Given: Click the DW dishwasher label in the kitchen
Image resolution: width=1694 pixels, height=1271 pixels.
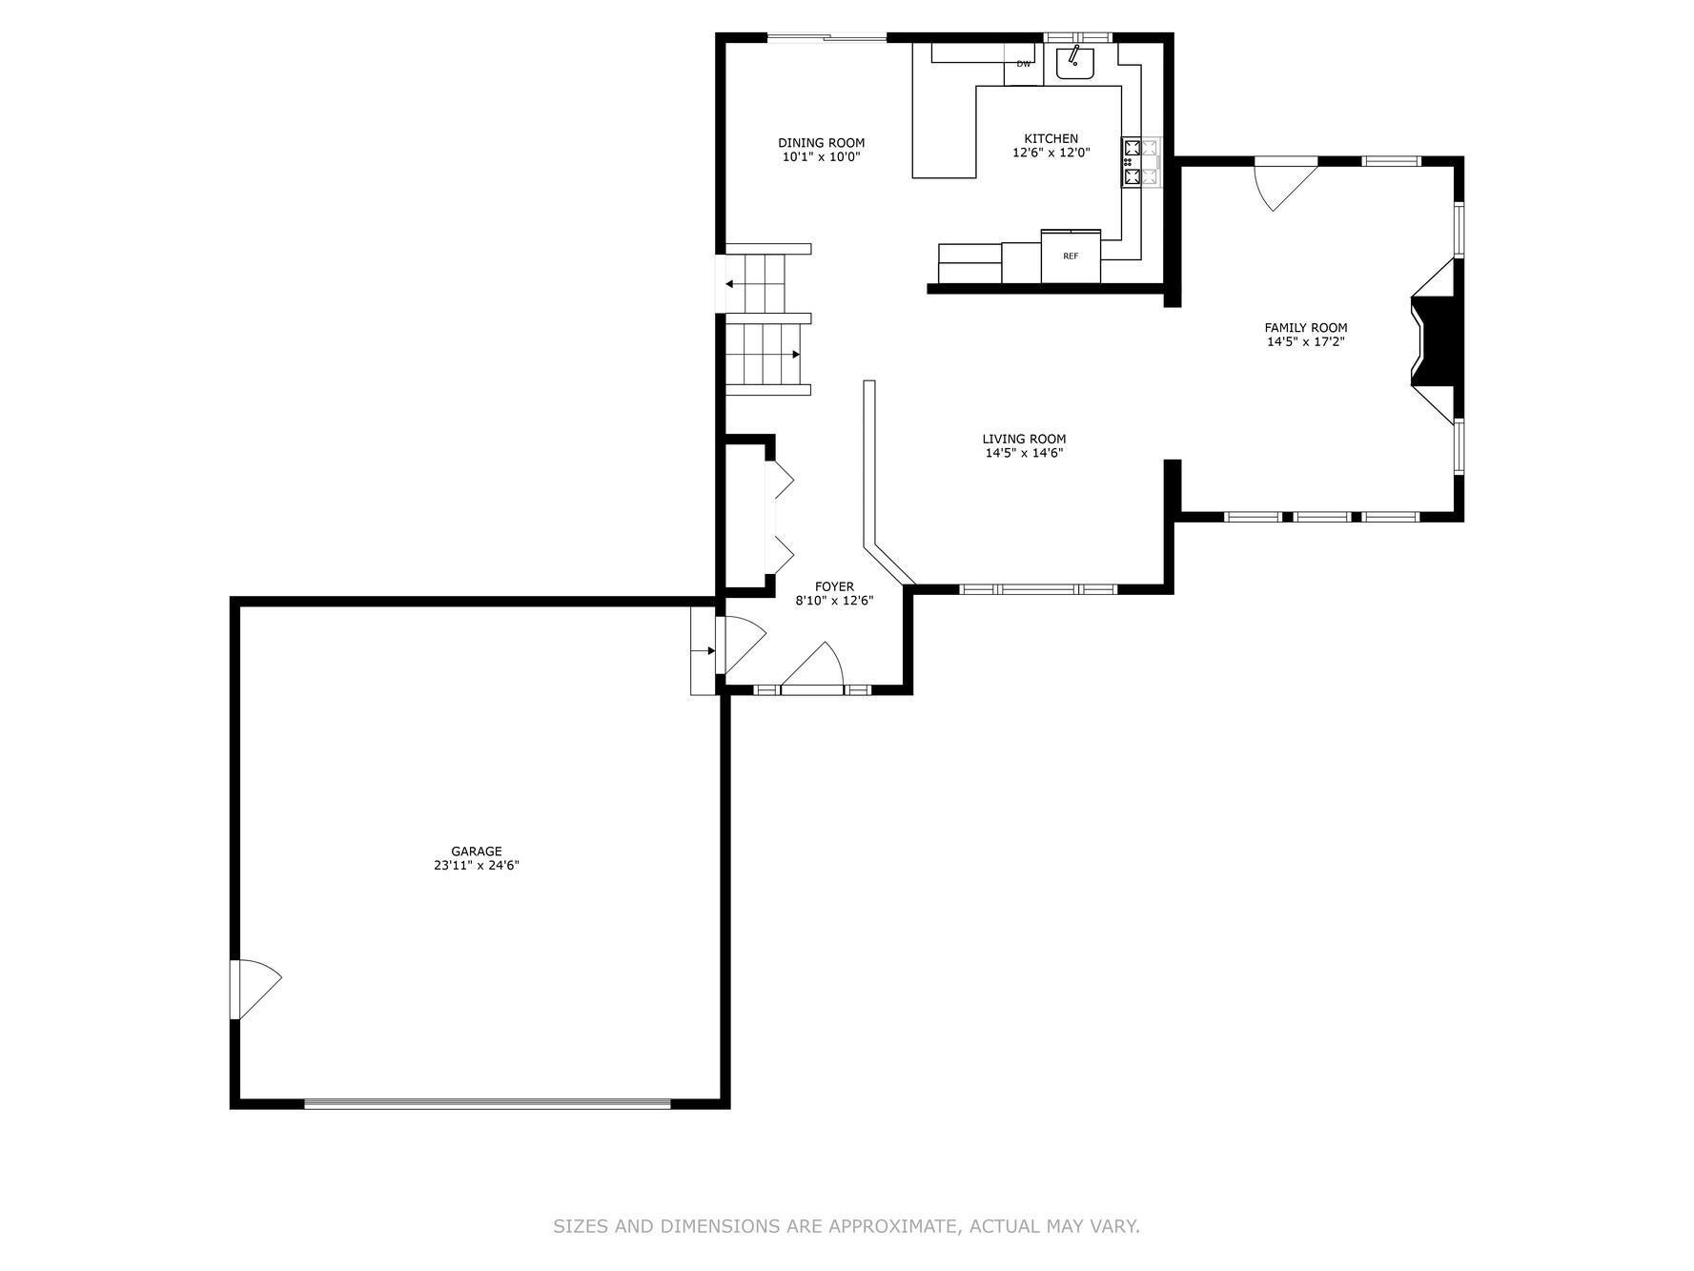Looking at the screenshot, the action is (x=1023, y=64).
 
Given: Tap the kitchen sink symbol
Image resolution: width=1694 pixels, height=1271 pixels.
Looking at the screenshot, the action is (x=1075, y=62).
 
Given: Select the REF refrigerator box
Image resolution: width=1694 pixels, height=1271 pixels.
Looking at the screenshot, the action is (x=1071, y=256).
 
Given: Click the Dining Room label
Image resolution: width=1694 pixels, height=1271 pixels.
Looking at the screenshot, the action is (x=821, y=143).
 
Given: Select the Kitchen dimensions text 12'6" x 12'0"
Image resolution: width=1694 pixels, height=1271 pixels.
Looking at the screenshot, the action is (x=1051, y=153).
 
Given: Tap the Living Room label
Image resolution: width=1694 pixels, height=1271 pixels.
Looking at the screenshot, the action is (x=1024, y=440).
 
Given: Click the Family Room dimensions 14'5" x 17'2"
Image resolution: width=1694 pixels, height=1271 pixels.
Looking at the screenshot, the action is (x=1305, y=341).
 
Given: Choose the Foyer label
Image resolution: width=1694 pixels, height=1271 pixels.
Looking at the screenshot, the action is (x=834, y=586).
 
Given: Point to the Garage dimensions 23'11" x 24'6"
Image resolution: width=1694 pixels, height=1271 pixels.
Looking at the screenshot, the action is (x=476, y=866).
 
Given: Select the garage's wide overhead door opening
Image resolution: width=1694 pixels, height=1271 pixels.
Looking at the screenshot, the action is (x=487, y=1104).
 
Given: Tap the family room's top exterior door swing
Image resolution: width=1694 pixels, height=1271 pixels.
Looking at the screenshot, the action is (x=1285, y=183).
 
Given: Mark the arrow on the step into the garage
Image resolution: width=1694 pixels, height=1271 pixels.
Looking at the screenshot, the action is (x=704, y=651).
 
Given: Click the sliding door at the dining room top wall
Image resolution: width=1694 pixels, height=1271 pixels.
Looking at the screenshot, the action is (x=827, y=38).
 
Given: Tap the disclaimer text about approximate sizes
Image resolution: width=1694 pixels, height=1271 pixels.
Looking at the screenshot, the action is (x=847, y=1226).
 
